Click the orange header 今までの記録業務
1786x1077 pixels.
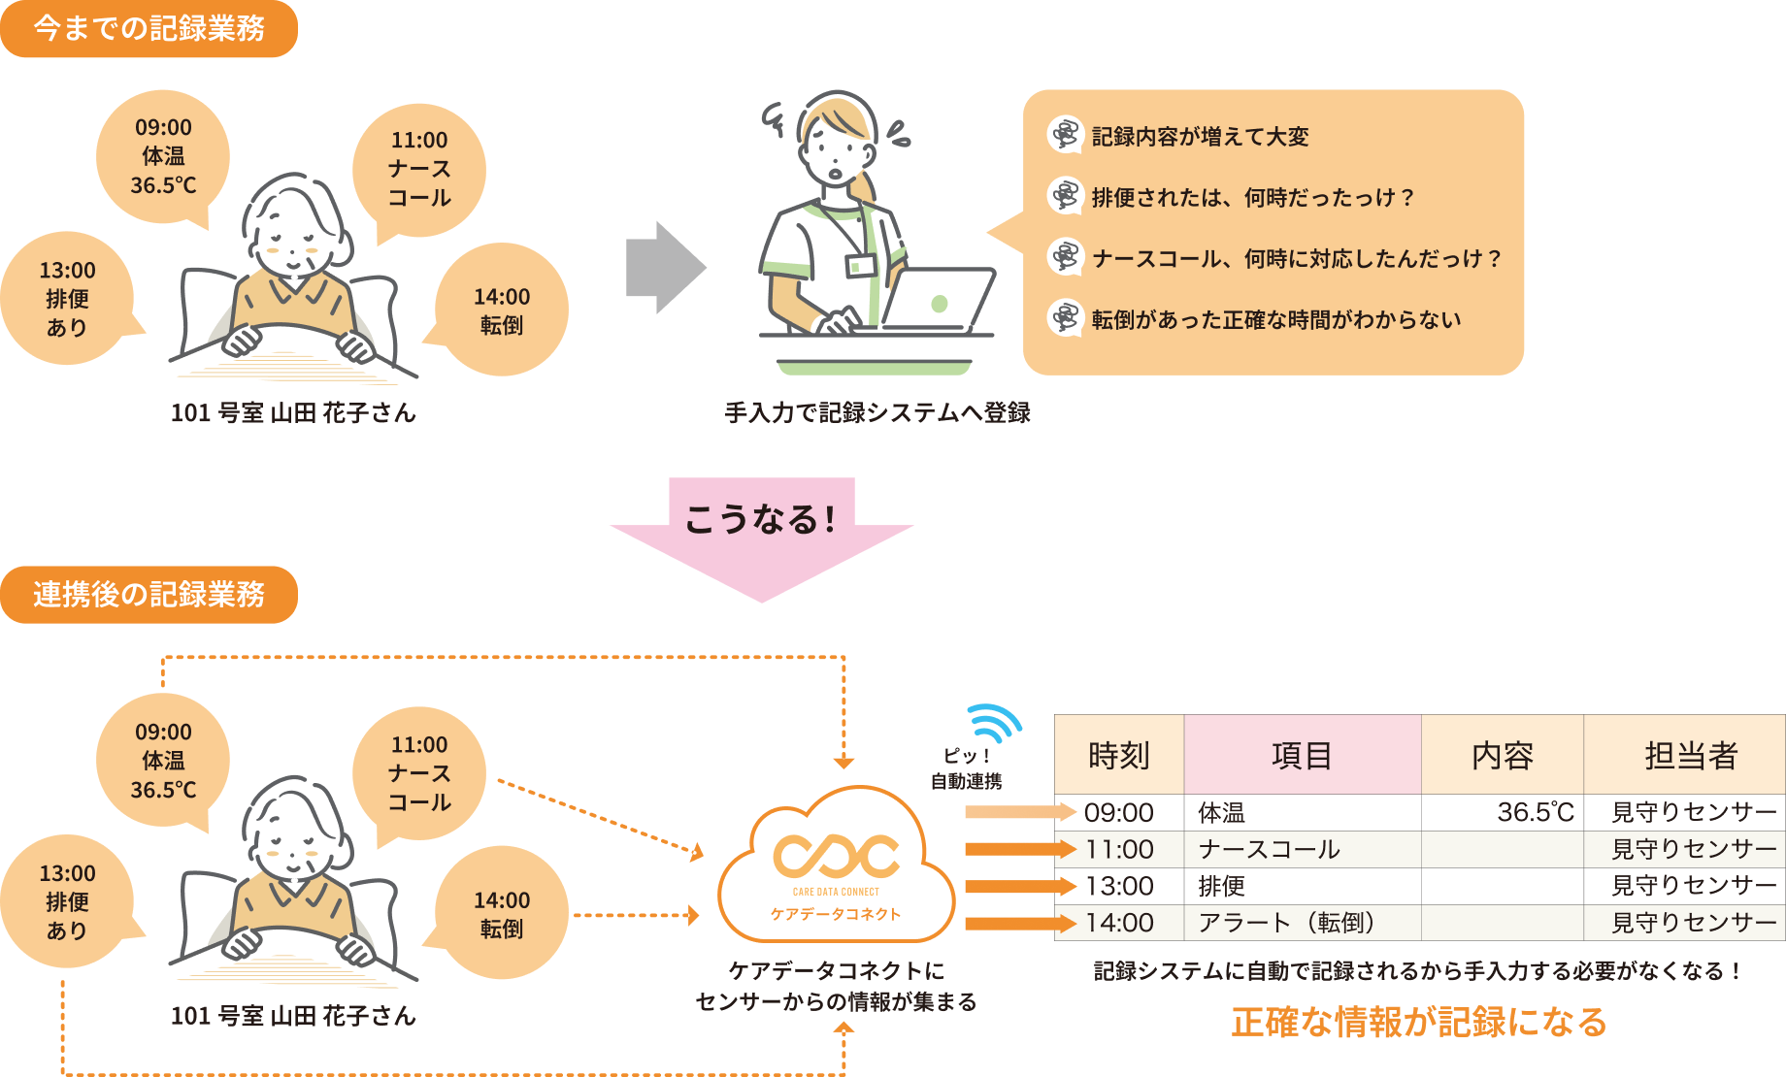[149, 28]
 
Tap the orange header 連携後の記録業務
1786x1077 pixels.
[149, 594]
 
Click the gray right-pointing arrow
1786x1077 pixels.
[665, 267]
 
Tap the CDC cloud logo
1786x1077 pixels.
[836, 856]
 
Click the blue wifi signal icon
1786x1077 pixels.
[994, 724]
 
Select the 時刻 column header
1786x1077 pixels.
[1118, 755]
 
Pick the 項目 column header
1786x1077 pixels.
[1302, 755]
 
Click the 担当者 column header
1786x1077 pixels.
[1690, 755]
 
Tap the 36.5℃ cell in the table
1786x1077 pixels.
[1535, 812]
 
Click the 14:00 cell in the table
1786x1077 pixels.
[1119, 923]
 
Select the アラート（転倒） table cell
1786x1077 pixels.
[1286, 923]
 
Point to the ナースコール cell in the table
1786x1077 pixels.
[1269, 850]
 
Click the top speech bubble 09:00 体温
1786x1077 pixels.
[163, 156]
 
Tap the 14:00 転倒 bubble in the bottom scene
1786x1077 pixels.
[502, 914]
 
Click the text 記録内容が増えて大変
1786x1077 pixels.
[1200, 137]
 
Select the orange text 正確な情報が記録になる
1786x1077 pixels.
[1418, 1022]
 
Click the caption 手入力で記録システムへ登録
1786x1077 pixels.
[877, 412]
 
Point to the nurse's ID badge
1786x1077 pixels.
[860, 265]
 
